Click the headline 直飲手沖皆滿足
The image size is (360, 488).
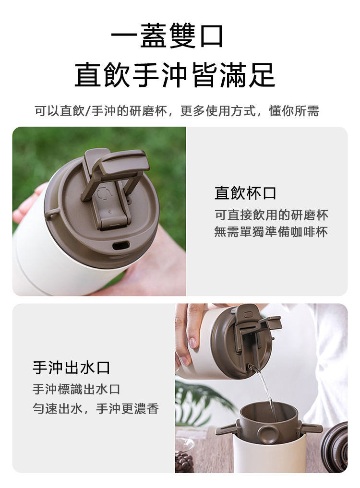[x=175, y=75]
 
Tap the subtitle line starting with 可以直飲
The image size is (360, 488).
[x=177, y=111]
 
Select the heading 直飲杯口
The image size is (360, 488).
[x=245, y=193]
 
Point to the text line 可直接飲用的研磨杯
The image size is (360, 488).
[x=271, y=215]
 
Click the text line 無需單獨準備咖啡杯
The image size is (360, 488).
[x=271, y=232]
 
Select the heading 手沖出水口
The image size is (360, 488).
[x=72, y=368]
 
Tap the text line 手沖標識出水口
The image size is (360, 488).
[x=76, y=389]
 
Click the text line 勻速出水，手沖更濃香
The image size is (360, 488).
[x=96, y=408]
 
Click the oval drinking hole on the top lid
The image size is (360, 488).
[x=121, y=246]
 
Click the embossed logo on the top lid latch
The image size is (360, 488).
[x=102, y=193]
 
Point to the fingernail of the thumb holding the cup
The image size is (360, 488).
[x=193, y=342]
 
